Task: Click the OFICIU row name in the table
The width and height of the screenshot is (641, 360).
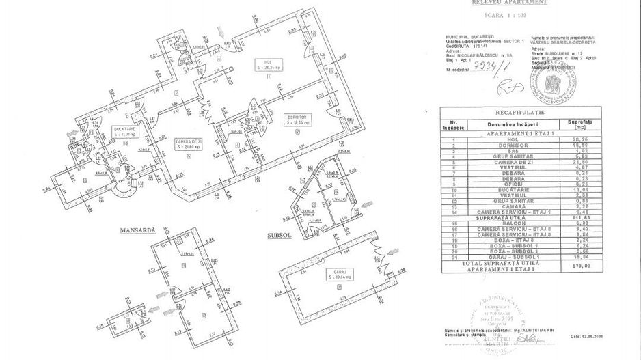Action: point(507,183)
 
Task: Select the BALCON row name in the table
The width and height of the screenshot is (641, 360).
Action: point(507,221)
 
